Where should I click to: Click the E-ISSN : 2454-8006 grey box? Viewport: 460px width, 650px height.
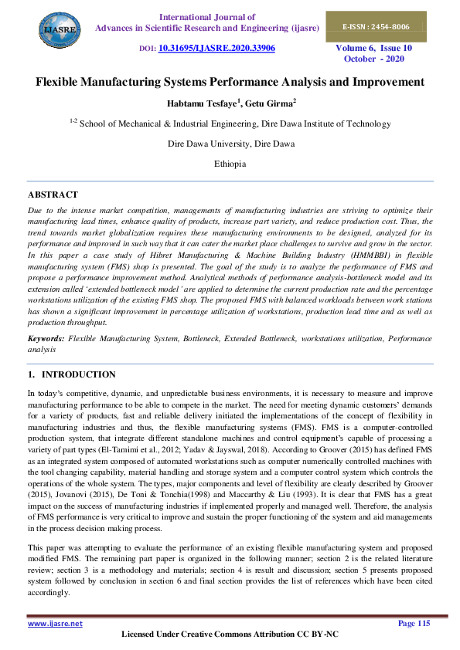(x=376, y=27)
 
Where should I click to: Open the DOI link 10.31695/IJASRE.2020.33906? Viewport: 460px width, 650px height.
(x=216, y=48)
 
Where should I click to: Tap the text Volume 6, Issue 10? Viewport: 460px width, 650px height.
(x=373, y=48)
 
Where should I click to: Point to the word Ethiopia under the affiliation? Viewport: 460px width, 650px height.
(x=230, y=164)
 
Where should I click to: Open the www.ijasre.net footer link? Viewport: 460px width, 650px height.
(x=55, y=623)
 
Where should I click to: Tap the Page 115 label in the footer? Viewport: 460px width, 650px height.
(x=413, y=623)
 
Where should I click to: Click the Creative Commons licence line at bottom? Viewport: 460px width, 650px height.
(x=230, y=635)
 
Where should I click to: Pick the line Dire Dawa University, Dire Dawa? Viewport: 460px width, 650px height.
(x=230, y=144)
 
